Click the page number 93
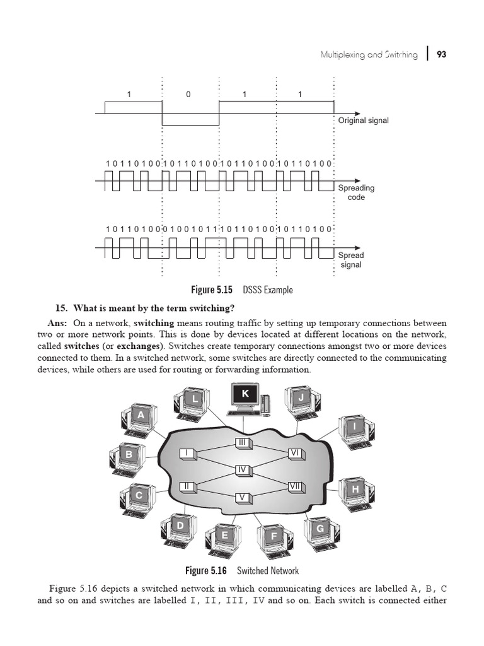click(441, 55)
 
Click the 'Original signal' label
click(363, 120)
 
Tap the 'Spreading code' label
click(356, 192)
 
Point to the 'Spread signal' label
click(351, 260)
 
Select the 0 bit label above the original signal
click(188, 95)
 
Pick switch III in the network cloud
click(243, 443)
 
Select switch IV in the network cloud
click(242, 469)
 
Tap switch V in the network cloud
click(242, 497)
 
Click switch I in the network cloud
click(187, 453)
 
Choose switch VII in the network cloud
click(296, 486)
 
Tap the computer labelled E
click(225, 538)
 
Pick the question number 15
click(61, 308)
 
